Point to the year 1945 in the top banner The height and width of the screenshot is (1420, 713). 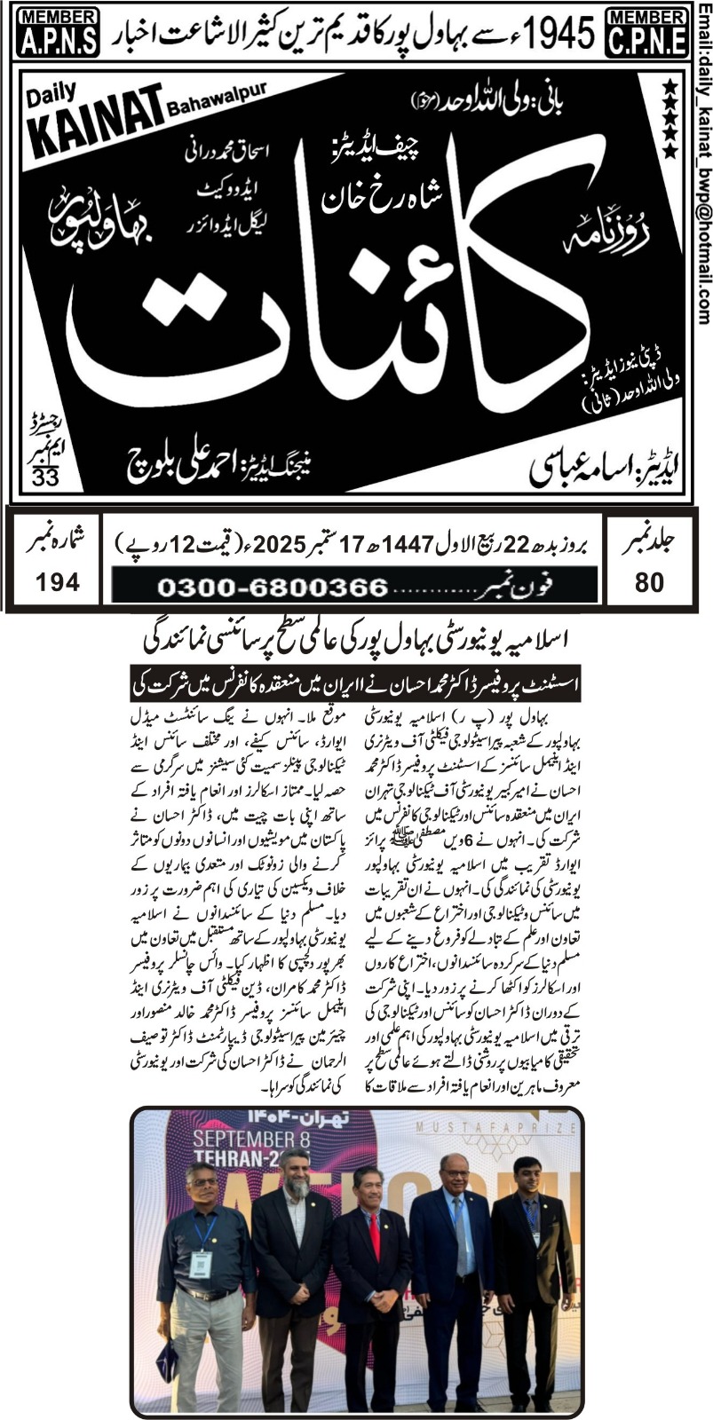(559, 32)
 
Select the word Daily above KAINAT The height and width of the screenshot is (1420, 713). (54, 91)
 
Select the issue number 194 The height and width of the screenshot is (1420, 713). (58, 582)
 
